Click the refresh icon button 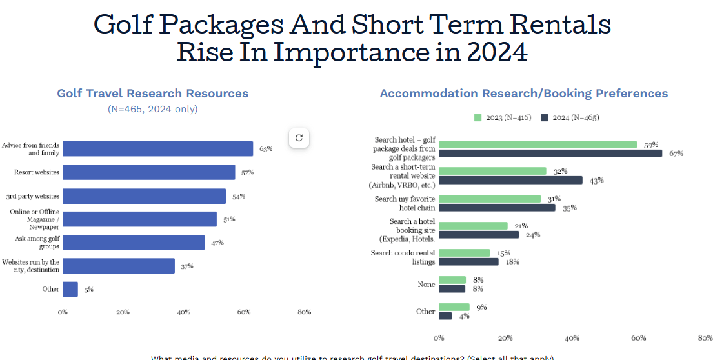coord(299,137)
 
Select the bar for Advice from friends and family coord(157,149)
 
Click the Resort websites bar coord(148,172)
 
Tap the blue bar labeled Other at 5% coord(70,289)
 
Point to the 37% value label coord(187,266)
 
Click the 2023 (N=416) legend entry coord(503,117)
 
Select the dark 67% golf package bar coord(550,154)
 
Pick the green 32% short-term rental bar coord(492,172)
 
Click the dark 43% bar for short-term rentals coord(510,181)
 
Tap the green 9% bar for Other coord(454,307)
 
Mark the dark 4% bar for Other coord(445,316)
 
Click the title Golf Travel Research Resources coord(153,94)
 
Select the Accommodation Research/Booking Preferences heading coord(524,94)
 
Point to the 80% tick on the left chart coord(304,312)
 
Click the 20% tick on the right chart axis coord(505,338)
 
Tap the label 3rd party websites coord(33,196)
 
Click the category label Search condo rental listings coord(403,257)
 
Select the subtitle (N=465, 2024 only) coord(153,109)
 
